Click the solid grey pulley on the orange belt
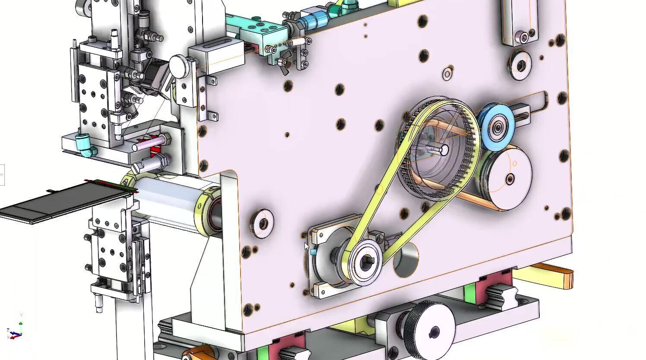point(505,177)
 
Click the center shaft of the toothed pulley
point(443,150)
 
